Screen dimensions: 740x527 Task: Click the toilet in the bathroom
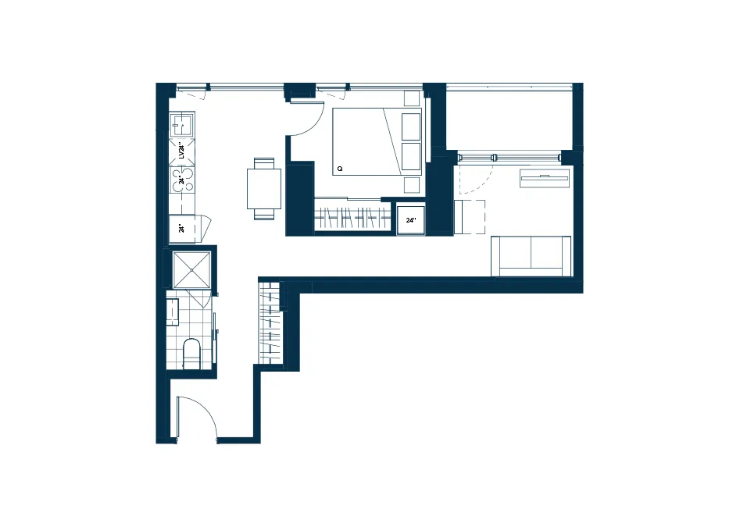point(191,354)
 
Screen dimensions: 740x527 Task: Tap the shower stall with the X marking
point(191,269)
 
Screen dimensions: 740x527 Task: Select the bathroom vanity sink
point(173,312)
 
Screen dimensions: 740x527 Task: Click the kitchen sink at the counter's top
point(182,125)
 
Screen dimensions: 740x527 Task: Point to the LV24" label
point(181,151)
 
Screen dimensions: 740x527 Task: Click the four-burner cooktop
point(182,180)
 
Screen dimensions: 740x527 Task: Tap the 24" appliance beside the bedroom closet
point(410,220)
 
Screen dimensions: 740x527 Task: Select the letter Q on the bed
point(339,169)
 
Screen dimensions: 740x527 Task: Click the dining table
point(264,189)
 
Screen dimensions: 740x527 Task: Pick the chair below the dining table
point(264,214)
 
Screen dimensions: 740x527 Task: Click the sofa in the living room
point(531,256)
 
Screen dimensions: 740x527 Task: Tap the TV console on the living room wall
point(545,178)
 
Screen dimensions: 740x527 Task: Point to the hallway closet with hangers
point(270,322)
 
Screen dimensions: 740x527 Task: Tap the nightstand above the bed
point(412,98)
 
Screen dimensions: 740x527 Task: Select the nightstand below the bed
point(412,185)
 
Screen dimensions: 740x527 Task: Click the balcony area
point(509,119)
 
